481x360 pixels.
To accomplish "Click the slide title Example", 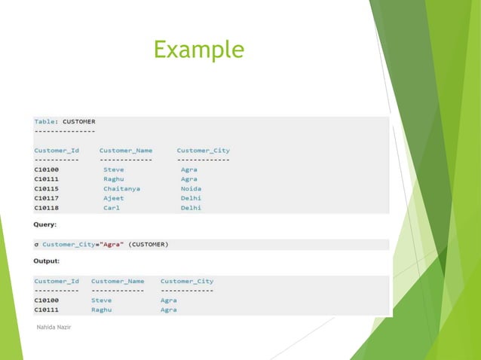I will (198, 50).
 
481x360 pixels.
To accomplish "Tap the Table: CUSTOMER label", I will (64, 121).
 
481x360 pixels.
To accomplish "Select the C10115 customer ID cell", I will (47, 188).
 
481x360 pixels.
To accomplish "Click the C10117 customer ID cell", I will (47, 198).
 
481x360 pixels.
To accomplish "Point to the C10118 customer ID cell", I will (47, 208).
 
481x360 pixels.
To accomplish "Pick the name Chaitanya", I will (121, 188).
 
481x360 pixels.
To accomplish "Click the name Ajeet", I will (114, 198).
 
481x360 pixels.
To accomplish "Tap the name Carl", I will (112, 208).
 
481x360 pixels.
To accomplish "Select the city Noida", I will (191, 188).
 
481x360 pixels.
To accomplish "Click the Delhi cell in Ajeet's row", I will (191, 198).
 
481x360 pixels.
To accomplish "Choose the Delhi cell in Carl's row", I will (191, 208).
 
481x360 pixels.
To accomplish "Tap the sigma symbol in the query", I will (36, 244).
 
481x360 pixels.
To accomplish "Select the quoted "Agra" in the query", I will (112, 244).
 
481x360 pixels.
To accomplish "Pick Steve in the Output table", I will (101, 300).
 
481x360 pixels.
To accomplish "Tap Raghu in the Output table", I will (102, 310).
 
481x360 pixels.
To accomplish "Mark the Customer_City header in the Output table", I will (186, 281).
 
